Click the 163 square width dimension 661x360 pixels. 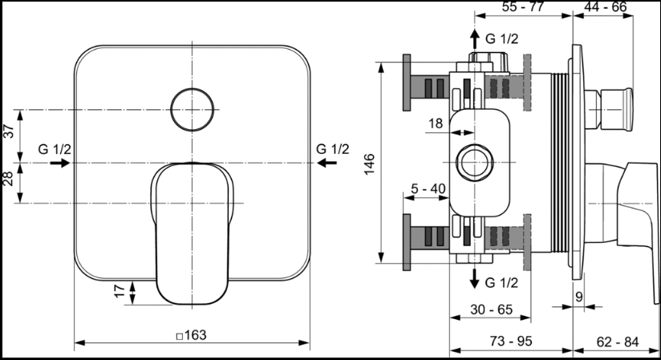click(x=192, y=335)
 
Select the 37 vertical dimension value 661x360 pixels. click(x=9, y=131)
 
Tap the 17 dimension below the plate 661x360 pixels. click(x=120, y=290)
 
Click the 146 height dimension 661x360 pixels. click(x=369, y=164)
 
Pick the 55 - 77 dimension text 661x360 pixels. click(x=523, y=6)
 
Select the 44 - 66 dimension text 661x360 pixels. click(x=606, y=6)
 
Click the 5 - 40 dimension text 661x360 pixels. click(x=428, y=188)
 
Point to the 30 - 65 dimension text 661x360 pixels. click(x=492, y=309)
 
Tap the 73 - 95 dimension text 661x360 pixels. click(x=511, y=341)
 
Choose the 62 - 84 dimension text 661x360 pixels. click(x=618, y=342)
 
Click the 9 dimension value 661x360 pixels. click(x=579, y=297)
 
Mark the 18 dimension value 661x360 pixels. click(x=436, y=123)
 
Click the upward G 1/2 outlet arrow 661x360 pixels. click(x=475, y=39)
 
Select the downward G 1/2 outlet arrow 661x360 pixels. click(x=475, y=279)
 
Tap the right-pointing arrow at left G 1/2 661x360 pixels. click(x=60, y=162)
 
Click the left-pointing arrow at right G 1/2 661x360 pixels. click(x=326, y=162)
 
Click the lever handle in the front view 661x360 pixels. click(x=193, y=233)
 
